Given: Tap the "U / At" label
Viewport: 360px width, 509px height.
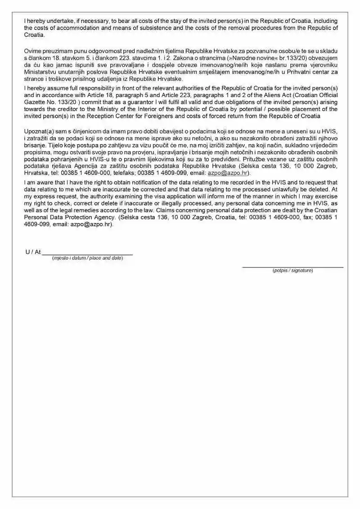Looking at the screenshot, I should [32, 252].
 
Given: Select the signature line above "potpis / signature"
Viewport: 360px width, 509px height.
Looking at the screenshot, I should [292, 267].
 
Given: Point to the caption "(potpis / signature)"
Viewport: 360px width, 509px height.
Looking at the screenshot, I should [292, 271].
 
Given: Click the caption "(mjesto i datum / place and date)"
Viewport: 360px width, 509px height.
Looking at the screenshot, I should [87, 258].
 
